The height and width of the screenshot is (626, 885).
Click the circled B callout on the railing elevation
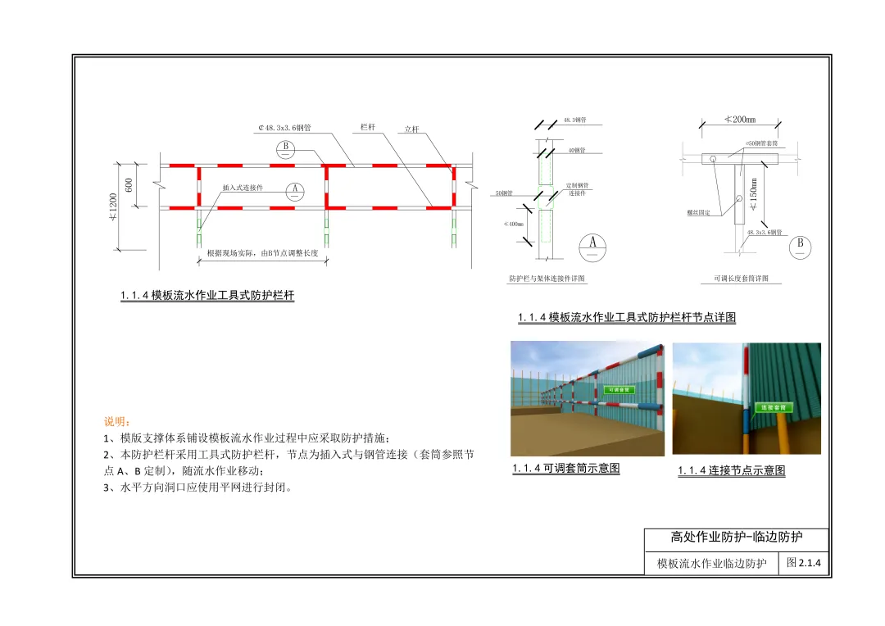tap(285, 148)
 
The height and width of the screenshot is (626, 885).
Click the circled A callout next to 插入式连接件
tap(296, 190)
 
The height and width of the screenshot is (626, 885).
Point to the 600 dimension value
tap(129, 185)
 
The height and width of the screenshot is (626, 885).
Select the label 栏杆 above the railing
tap(368, 127)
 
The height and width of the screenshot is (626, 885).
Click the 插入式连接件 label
tap(243, 188)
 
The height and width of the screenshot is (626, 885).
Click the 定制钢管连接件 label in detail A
tap(578, 189)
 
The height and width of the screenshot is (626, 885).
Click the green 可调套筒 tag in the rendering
tap(618, 390)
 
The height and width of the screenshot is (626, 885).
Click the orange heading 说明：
tap(117, 422)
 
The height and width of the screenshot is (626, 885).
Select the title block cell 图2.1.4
tap(804, 563)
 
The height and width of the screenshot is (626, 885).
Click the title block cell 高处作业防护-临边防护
tap(736, 538)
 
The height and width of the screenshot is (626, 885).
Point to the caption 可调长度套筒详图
tap(735, 279)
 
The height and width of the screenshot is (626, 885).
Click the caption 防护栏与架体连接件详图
tap(547, 279)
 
